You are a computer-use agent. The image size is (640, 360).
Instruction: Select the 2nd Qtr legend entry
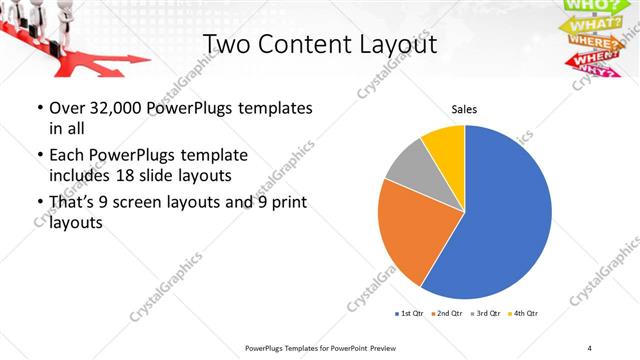(x=444, y=314)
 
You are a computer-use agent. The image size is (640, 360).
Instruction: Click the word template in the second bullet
(x=212, y=156)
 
